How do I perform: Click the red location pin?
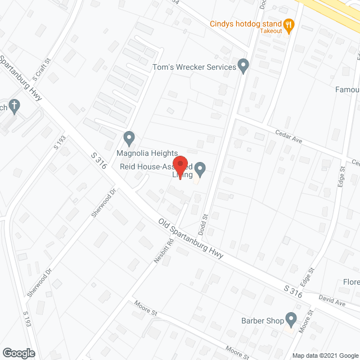(180, 165)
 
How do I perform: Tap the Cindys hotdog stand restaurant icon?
(289, 24)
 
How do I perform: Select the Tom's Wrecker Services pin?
(244, 66)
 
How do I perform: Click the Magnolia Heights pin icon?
(129, 137)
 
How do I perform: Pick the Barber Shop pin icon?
(291, 319)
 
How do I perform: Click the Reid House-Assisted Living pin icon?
(200, 168)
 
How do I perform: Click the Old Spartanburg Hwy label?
(191, 238)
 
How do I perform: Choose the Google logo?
(18, 353)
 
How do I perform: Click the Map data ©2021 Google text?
(325, 355)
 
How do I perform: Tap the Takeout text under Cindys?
(271, 31)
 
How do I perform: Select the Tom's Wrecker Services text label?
(195, 67)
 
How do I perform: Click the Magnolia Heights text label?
(147, 154)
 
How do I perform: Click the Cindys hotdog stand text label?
(245, 24)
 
